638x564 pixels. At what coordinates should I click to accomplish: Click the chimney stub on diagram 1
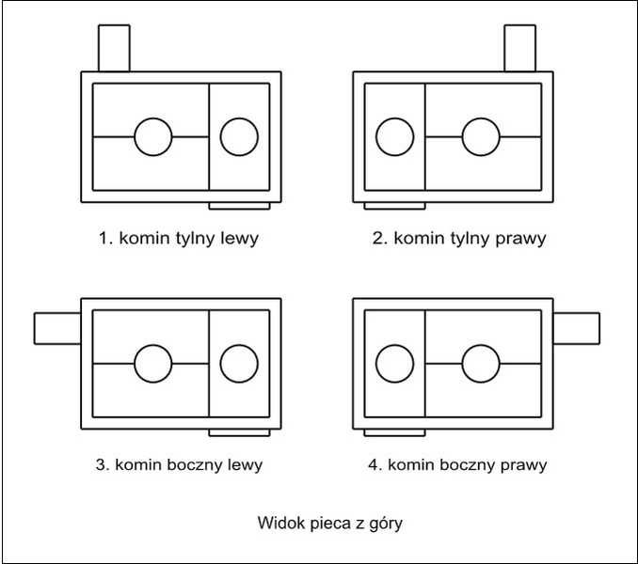[114, 47]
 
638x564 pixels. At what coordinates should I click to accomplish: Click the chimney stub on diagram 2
[519, 47]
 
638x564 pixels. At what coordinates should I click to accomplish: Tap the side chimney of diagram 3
[57, 328]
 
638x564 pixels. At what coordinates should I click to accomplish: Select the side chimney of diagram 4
[576, 328]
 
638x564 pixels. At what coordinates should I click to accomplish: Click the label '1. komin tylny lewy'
[178, 238]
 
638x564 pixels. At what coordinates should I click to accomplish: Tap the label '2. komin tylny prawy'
[458, 238]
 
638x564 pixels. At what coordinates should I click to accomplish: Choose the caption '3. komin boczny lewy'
[180, 464]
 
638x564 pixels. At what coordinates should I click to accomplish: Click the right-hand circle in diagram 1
[239, 137]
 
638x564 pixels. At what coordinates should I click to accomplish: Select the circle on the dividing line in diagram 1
[153, 137]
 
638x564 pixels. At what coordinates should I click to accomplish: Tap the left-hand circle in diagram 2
[394, 137]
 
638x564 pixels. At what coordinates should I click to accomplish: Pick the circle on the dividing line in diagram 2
[481, 137]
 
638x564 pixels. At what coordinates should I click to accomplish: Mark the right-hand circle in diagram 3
[239, 364]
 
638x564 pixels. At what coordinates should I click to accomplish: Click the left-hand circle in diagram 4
[394, 364]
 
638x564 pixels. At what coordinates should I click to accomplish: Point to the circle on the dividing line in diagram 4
[481, 364]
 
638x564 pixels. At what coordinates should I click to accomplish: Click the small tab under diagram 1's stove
[240, 205]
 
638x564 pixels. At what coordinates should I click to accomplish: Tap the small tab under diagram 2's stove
[394, 205]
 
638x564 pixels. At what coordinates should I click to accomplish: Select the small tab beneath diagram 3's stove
[240, 431]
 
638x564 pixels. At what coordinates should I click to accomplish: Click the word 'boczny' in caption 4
[470, 464]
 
